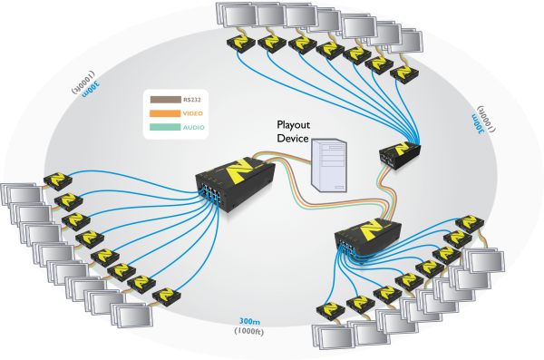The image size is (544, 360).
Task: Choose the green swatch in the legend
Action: tap(169, 129)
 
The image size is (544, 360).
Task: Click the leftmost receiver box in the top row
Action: tap(240, 41)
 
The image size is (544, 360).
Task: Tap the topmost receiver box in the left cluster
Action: tap(63, 180)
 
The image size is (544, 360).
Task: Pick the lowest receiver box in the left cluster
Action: tap(166, 296)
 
